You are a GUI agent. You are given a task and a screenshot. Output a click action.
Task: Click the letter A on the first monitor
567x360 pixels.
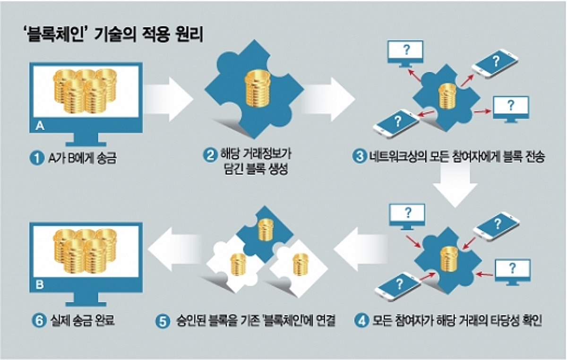point(40,126)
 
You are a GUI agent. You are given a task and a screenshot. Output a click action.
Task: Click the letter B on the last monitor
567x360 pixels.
point(40,285)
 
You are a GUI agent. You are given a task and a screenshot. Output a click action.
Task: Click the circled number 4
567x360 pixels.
point(361,321)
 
